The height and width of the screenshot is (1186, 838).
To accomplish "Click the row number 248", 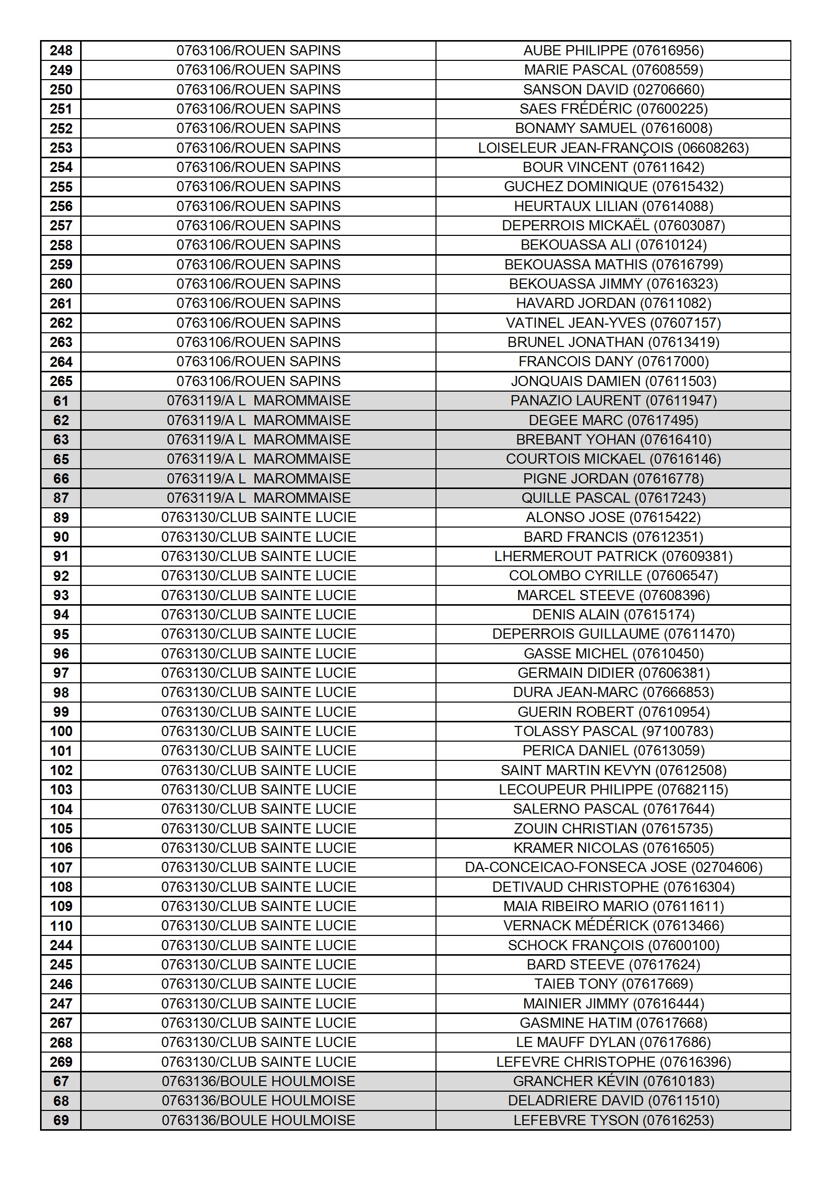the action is pos(61,51).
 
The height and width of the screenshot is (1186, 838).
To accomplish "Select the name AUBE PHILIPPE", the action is pos(575,51).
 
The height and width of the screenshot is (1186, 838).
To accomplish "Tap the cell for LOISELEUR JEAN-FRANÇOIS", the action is pos(613,148).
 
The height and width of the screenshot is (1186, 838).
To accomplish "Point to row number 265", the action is pos(61,381).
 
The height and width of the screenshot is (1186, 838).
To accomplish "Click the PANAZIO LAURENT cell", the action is pos(613,401).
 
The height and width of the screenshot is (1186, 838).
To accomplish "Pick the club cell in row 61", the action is pos(258,401).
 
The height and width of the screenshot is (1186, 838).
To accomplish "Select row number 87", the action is pos(61,498).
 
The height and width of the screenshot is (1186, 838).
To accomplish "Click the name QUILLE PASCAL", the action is pos(575,498).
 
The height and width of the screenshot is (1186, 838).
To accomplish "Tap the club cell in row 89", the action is pos(258,517).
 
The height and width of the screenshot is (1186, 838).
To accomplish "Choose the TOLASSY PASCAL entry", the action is pos(613,731).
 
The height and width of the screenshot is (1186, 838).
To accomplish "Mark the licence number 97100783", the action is pos(677,731).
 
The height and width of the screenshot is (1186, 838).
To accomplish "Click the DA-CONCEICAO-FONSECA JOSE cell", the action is pos(613,867).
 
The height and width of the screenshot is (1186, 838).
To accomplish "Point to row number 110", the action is pos(61,926).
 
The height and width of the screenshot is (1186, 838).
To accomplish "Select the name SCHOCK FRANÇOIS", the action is pos(575,945).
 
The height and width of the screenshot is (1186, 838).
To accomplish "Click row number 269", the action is pos(61,1062).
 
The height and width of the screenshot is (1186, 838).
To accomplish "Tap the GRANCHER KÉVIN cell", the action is pos(613,1081).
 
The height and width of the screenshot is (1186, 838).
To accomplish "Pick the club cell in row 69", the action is pos(258,1121).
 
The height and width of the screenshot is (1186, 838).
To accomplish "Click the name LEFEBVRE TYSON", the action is pos(575,1121).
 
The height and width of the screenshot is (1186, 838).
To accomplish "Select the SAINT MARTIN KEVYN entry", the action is pos(613,770).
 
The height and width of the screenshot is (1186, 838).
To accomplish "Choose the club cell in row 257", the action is pos(258,226).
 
